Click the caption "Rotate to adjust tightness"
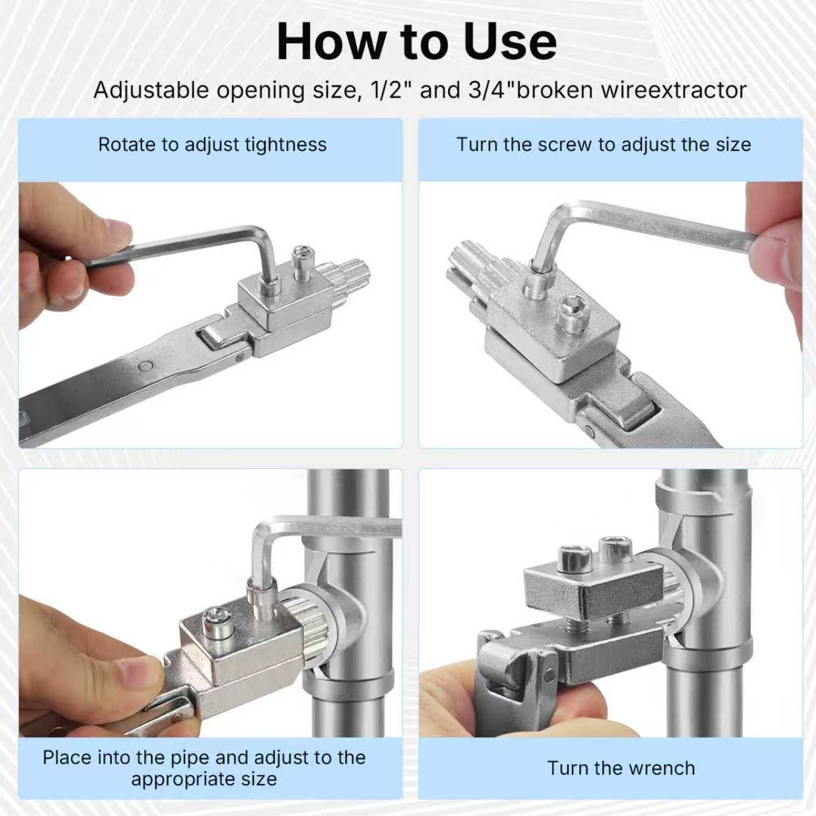click(212, 145)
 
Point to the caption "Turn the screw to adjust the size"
click(603, 145)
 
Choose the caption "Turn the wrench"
click(621, 768)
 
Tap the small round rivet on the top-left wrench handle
click(146, 367)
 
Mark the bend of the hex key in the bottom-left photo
click(261, 529)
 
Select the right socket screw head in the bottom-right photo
click(616, 547)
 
